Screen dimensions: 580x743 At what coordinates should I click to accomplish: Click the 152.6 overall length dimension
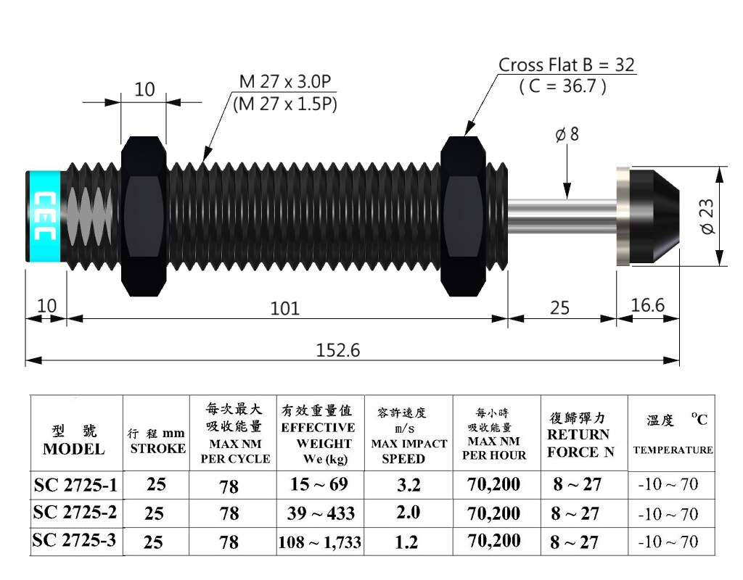[x=338, y=351]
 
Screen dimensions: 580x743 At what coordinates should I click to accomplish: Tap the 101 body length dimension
[x=285, y=308]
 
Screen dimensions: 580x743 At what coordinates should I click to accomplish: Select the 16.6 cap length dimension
[x=648, y=305]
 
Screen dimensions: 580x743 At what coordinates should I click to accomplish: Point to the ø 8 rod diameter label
[x=567, y=136]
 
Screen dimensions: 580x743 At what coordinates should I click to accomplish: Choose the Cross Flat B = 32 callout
[x=566, y=65]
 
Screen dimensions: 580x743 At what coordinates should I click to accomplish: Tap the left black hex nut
[x=146, y=215]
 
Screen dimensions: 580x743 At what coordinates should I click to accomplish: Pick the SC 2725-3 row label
[x=75, y=541]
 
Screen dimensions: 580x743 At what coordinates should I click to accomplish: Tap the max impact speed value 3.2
[x=409, y=484]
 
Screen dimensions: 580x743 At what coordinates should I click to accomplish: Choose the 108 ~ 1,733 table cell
[x=320, y=542]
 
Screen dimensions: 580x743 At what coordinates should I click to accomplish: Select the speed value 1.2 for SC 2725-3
[x=409, y=541]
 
